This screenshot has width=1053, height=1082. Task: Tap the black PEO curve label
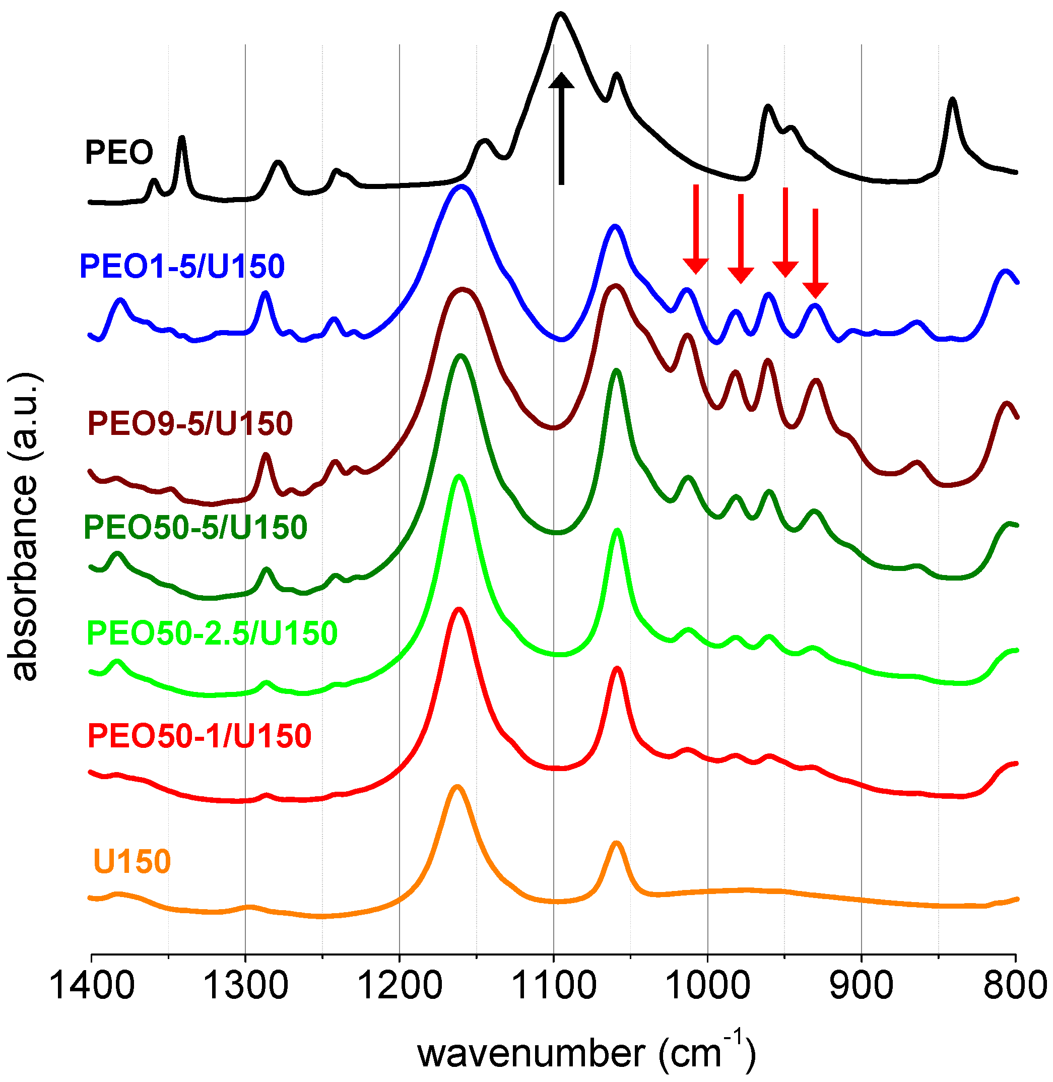[119, 152]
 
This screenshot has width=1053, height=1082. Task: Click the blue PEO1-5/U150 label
[182, 266]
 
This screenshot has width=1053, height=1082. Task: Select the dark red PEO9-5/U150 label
[190, 424]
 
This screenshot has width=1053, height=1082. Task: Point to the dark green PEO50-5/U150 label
[195, 527]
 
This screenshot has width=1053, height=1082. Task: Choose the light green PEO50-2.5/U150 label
[212, 633]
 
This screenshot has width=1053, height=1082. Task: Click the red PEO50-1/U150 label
[199, 736]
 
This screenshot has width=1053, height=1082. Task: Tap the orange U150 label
[132, 861]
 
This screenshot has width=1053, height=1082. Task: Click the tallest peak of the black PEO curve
[561, 13]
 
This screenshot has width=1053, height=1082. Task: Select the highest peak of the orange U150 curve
[457, 786]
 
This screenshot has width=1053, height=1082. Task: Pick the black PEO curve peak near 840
[952, 100]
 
